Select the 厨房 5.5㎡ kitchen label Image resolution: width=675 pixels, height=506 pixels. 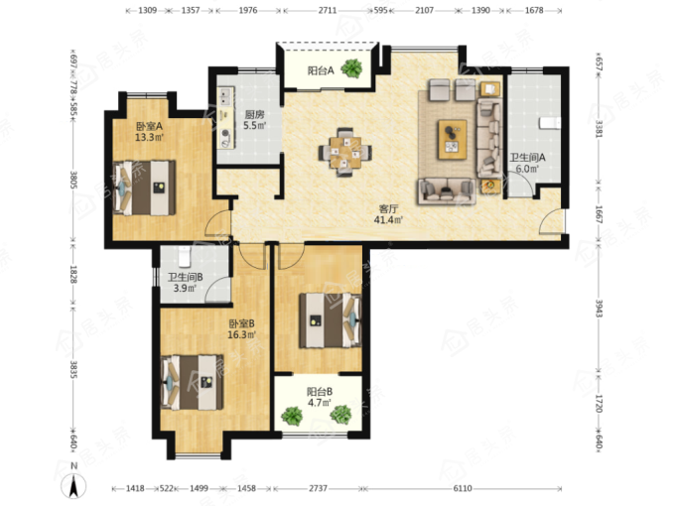254,120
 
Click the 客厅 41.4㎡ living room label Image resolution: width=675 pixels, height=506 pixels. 388,214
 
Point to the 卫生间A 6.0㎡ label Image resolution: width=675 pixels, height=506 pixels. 527,163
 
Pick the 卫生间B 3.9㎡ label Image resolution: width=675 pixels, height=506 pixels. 185,283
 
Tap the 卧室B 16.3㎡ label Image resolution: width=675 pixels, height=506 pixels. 241,329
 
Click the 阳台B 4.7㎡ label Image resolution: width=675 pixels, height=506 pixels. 319,397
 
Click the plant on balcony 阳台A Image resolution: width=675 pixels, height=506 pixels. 352,68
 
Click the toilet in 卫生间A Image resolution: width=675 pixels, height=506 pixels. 550,123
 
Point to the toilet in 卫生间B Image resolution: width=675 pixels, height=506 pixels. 185,256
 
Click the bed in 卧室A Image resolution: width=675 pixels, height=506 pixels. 144,188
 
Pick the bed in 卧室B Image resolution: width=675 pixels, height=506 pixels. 192,382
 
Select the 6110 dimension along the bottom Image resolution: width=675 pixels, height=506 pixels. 463,488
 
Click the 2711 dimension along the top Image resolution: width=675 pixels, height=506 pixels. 328,10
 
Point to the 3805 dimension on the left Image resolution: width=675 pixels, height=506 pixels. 73,181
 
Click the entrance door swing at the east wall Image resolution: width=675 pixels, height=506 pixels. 552,221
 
